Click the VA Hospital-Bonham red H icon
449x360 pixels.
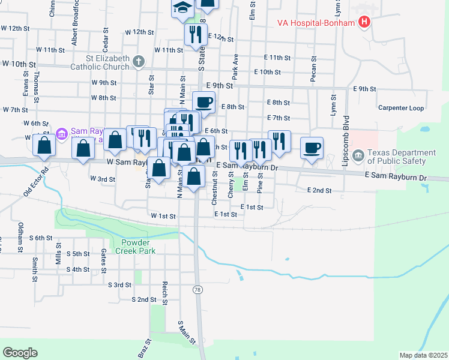363,23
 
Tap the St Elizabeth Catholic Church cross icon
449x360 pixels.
139,61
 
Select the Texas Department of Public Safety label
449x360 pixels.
397,157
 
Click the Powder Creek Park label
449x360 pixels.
139,247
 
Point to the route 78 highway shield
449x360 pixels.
197,290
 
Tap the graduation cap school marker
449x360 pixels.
181,8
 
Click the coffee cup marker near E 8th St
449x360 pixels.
203,102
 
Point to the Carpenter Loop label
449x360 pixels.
401,108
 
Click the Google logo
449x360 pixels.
20,353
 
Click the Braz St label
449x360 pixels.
144,348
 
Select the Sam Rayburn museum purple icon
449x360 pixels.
61,133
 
